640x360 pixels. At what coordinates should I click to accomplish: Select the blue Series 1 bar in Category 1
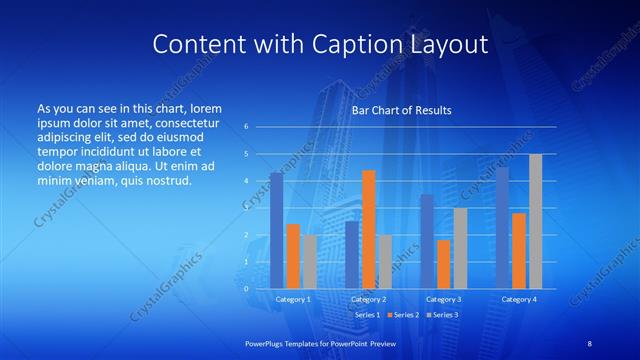pos(276,231)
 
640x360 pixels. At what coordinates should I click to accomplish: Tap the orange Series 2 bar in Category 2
pos(368,229)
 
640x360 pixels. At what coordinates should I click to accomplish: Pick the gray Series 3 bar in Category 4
pos(535,221)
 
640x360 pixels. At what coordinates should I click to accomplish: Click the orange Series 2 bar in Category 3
pos(443,264)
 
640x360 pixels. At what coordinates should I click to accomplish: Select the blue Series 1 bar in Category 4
pos(502,228)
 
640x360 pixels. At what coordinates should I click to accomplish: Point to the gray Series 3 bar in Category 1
pos(310,262)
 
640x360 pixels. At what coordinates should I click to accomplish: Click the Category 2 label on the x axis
pos(368,299)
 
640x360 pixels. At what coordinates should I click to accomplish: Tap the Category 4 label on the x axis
pos(518,299)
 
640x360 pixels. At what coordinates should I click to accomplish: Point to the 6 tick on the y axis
pos(246,127)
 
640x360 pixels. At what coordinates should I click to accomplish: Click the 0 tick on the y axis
pos(246,288)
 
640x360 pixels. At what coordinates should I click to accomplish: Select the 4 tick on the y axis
pos(246,181)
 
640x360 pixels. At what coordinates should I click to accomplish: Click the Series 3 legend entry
pos(442,314)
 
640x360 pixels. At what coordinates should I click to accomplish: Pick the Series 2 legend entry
pos(405,314)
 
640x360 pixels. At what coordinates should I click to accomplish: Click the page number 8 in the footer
pos(590,343)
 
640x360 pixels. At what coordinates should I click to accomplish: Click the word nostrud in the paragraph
pos(164,180)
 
